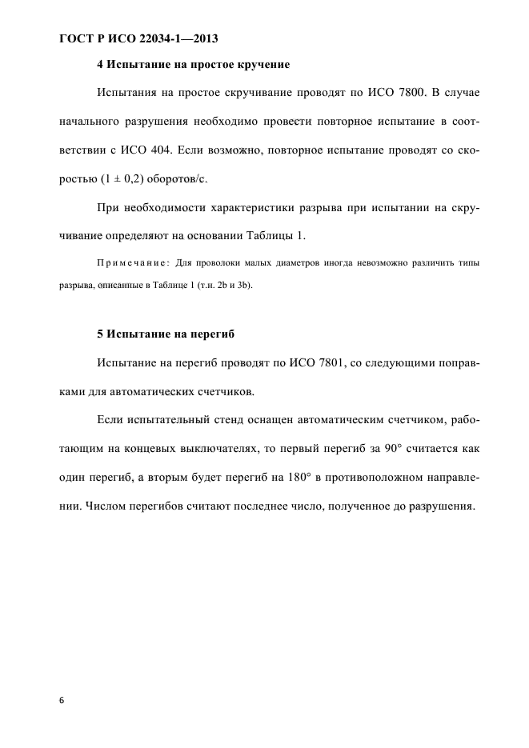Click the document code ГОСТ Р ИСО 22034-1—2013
tap(138, 38)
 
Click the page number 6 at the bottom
tap(61, 699)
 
